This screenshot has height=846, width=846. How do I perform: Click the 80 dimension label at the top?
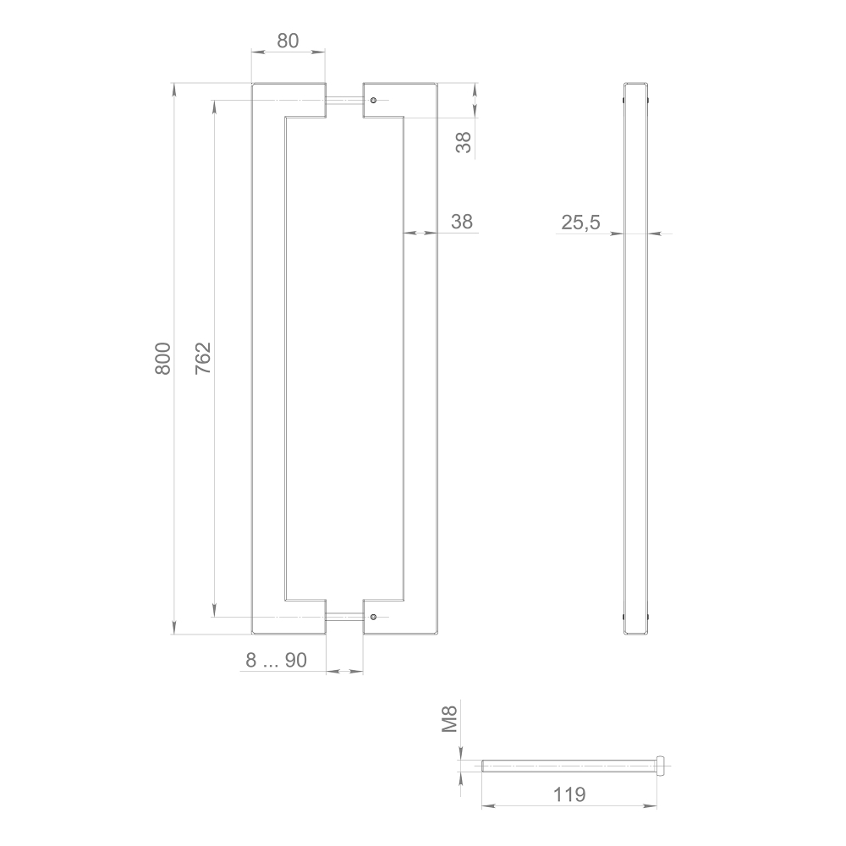pos(288,41)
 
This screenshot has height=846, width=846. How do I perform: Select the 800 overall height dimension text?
pos(163,359)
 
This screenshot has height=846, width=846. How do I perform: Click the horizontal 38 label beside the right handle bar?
pos(462,222)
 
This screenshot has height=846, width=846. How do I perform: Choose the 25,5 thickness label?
pos(580,222)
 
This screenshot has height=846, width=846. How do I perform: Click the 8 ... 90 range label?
pos(276,661)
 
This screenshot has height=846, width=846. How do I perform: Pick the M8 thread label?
pos(451,720)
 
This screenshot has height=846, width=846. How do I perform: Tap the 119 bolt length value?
pos(569,794)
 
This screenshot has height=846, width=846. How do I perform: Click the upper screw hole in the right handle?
pos(372,100)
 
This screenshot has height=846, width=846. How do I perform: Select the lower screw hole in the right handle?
pos(372,617)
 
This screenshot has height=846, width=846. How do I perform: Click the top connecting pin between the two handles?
pos(344,101)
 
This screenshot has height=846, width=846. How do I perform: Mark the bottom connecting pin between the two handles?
pos(344,617)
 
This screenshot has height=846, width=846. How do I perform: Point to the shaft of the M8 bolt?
pos(567,766)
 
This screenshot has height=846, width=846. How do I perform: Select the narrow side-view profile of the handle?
pos(637,359)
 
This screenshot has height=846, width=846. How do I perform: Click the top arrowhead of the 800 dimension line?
pos(173,88)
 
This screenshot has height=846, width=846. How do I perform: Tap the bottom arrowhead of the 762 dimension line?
pos(214,611)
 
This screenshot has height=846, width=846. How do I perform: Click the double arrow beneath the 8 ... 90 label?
pos(344,672)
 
